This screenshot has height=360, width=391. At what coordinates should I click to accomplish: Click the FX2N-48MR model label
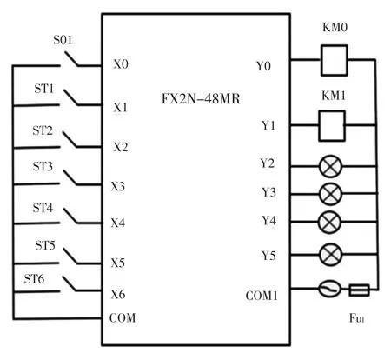click(201, 99)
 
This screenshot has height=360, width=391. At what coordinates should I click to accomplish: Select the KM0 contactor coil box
click(334, 60)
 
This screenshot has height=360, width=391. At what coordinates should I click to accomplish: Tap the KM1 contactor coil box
click(332, 126)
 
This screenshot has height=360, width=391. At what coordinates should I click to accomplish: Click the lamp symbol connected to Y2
click(330, 166)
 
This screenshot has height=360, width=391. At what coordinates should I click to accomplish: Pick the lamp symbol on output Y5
click(330, 255)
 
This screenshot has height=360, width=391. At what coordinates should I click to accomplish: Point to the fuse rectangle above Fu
click(359, 290)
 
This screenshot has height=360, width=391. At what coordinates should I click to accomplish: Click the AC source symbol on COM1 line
click(329, 289)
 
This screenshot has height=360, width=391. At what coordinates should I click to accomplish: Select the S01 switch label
click(63, 40)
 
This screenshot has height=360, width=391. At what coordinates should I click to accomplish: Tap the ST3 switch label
click(43, 167)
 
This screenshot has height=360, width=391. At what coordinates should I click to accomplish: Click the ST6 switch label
click(34, 279)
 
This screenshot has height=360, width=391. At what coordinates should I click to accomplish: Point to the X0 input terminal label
click(121, 64)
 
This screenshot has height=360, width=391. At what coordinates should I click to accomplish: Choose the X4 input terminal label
click(118, 223)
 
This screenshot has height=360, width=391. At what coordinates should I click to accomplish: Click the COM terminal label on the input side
click(123, 318)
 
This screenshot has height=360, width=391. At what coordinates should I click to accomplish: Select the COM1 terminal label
click(262, 296)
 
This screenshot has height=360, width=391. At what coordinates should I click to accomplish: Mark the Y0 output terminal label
click(263, 66)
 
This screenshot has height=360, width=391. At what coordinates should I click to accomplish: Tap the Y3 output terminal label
click(268, 192)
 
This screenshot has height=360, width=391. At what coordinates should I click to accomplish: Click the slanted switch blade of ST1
click(71, 97)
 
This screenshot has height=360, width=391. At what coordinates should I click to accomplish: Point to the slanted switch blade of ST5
click(70, 257)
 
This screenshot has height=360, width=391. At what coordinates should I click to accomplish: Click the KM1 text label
click(334, 96)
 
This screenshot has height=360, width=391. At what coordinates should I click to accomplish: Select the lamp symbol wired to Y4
click(329, 222)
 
